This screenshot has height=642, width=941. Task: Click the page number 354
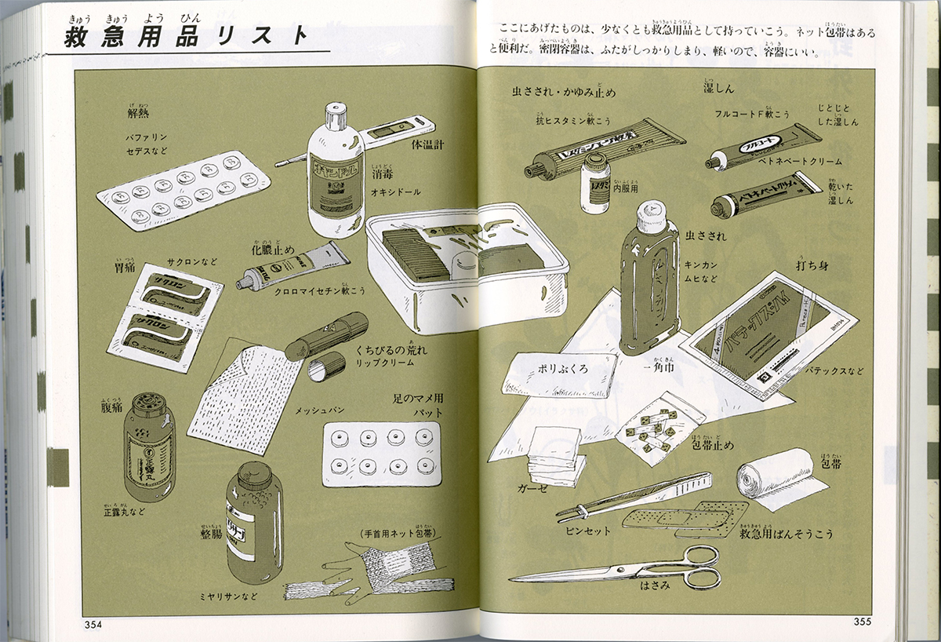coord(93,624)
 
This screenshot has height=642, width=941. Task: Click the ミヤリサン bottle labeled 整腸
coord(254,522)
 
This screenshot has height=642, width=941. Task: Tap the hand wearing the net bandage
coord(369,569)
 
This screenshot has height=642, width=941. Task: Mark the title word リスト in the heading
coord(262,36)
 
